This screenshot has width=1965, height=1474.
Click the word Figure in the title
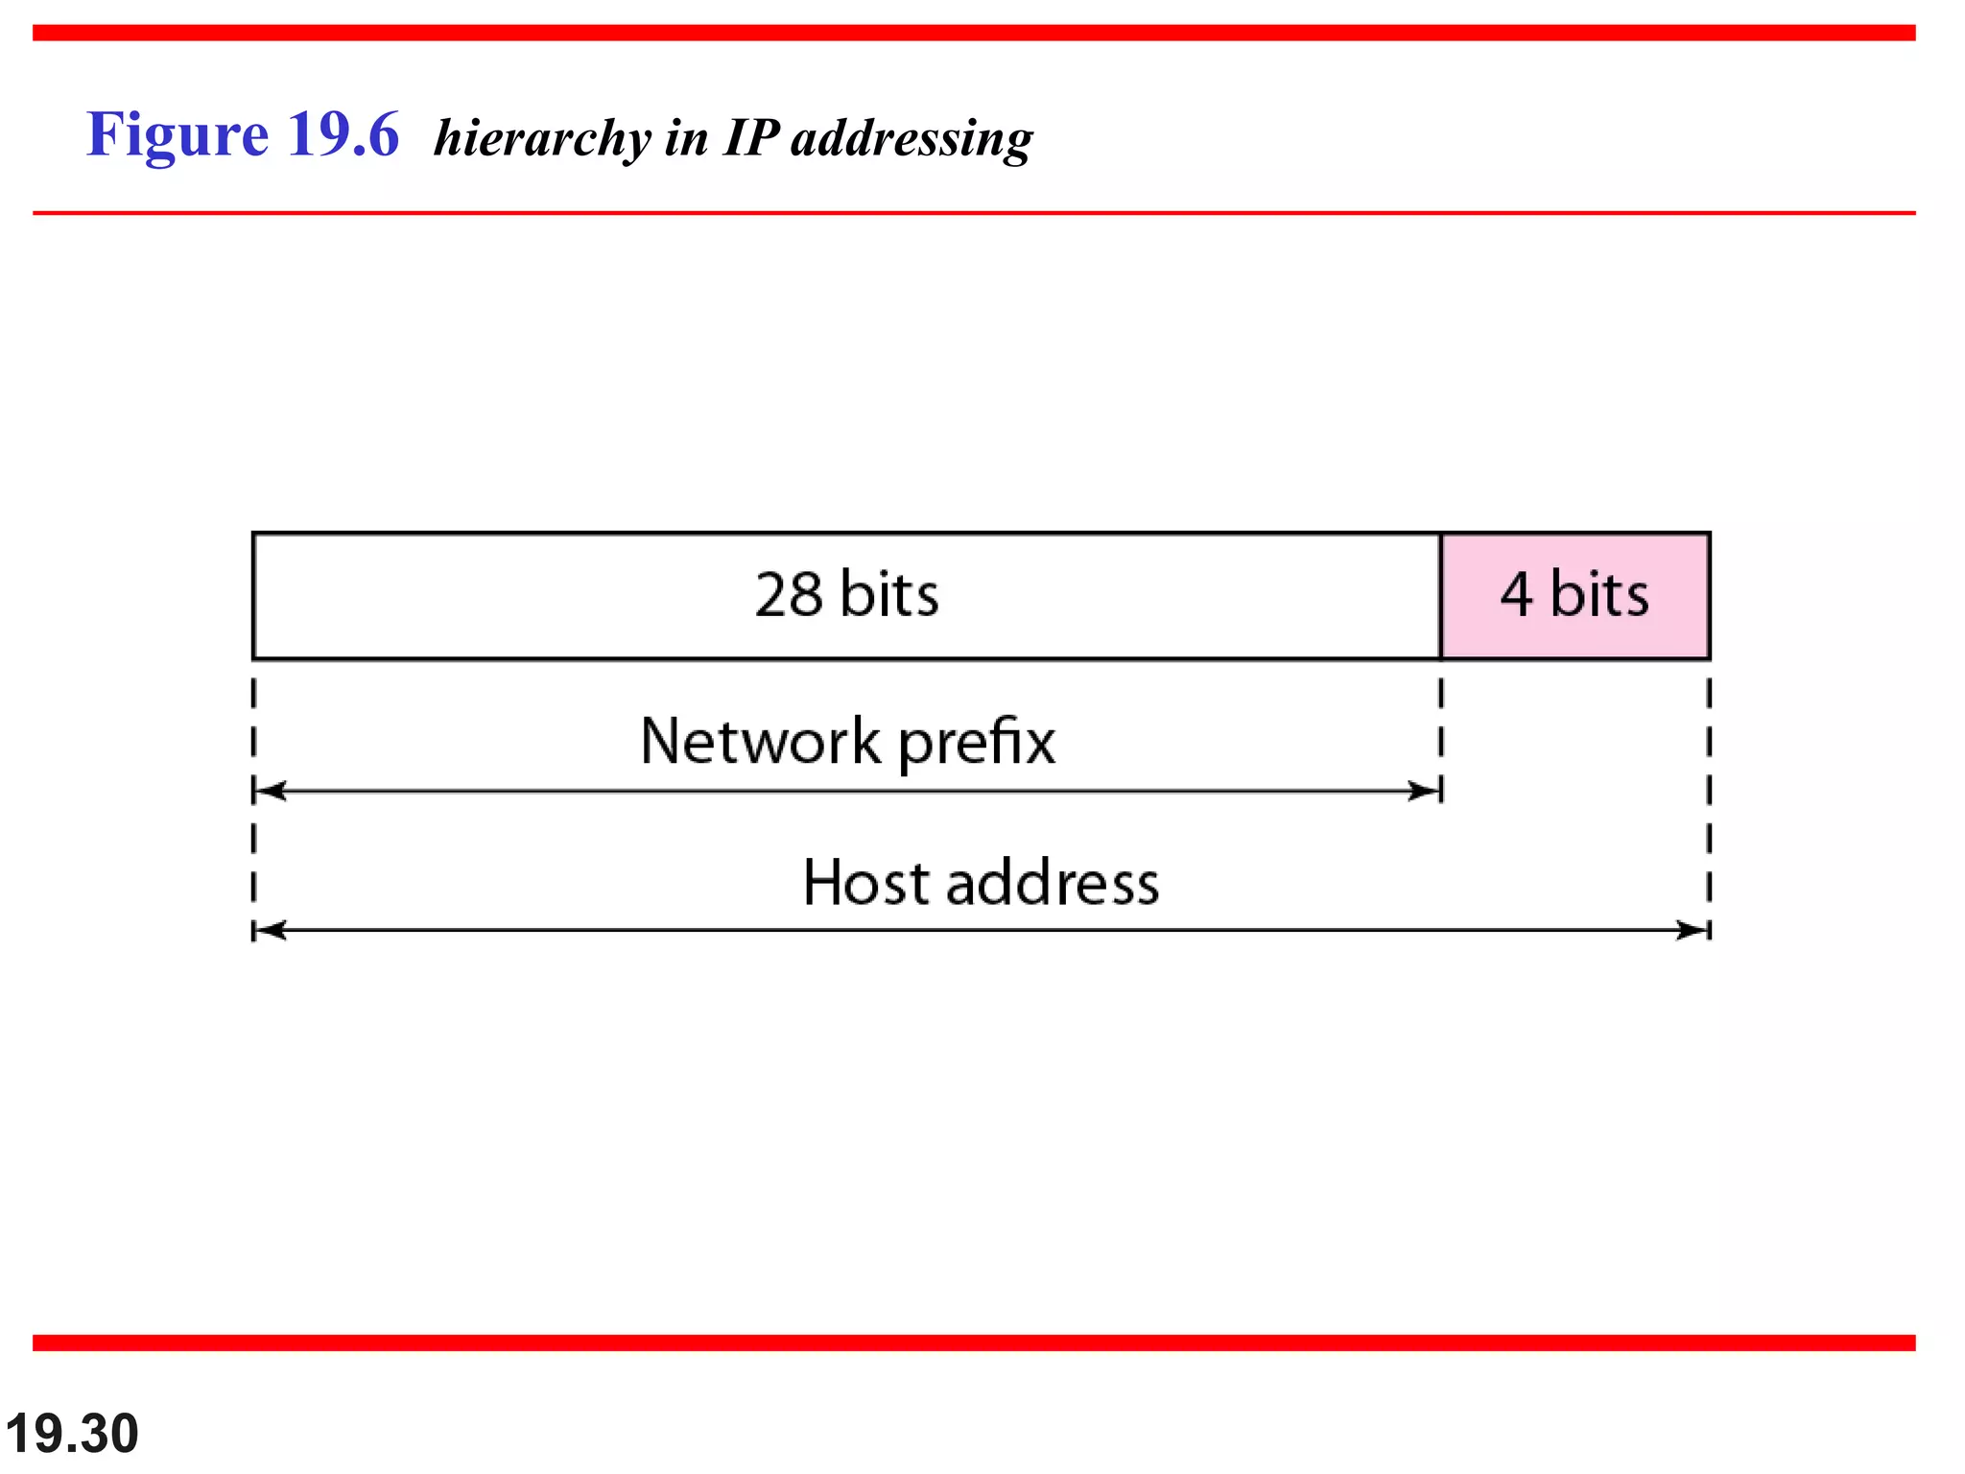click(177, 134)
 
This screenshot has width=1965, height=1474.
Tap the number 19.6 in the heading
click(343, 134)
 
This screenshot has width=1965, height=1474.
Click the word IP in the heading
click(750, 137)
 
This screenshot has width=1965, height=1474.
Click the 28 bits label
click(846, 595)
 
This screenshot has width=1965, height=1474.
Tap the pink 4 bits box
click(1574, 596)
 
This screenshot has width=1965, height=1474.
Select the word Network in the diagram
click(760, 742)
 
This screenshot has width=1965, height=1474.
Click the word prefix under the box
click(976, 742)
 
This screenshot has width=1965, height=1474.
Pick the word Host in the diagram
click(866, 883)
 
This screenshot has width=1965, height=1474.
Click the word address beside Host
click(1053, 883)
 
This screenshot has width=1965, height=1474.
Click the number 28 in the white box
click(789, 595)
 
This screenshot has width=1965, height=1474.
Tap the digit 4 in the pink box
click(1516, 595)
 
